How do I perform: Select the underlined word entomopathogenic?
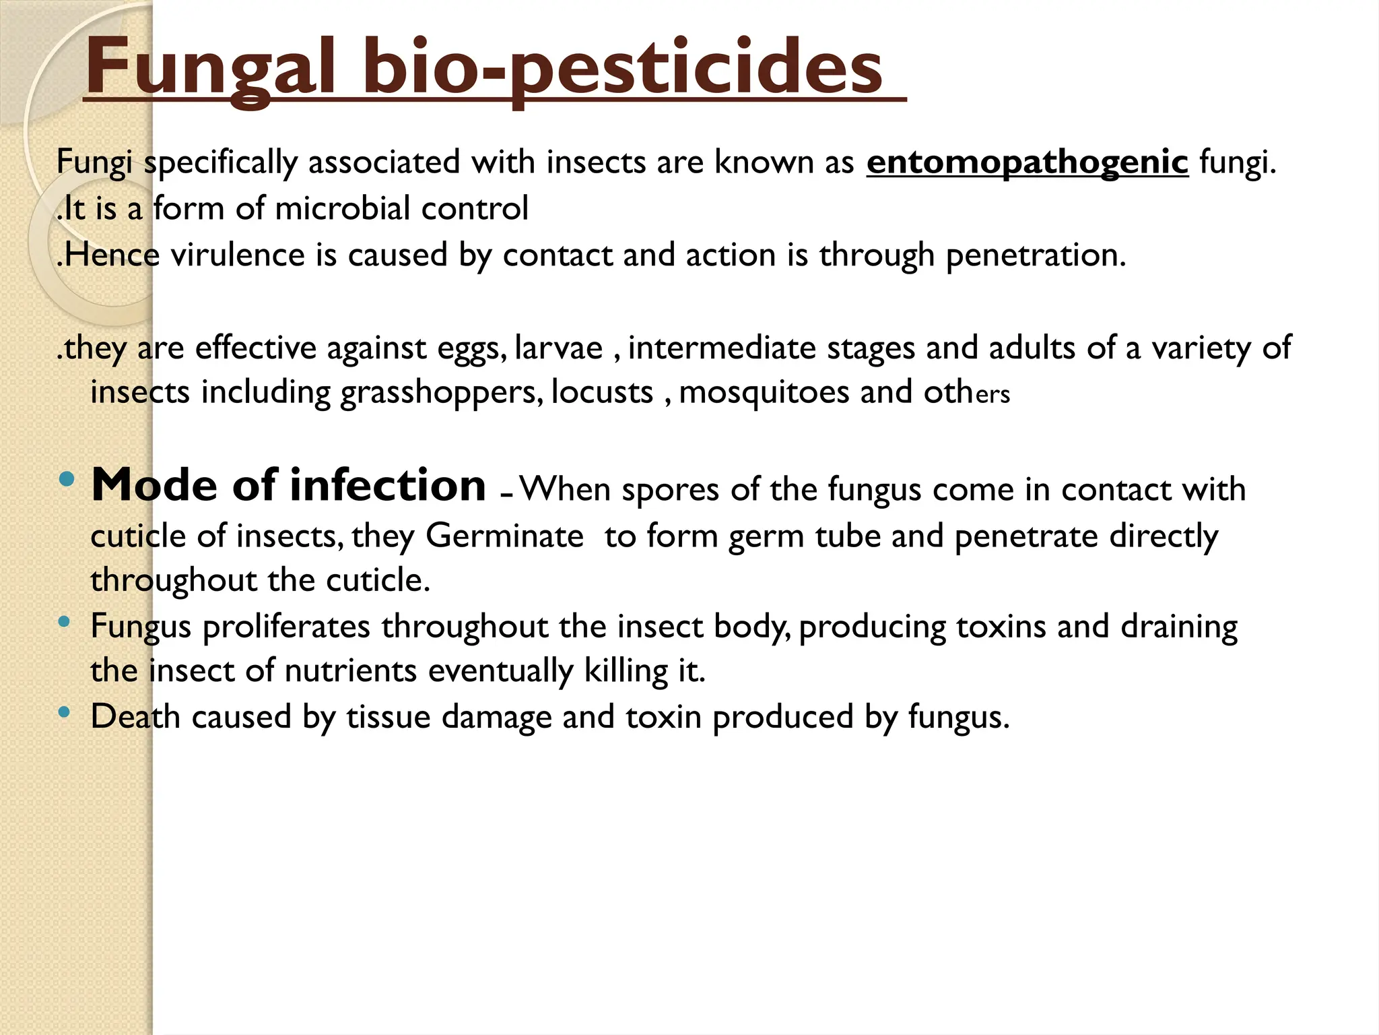[x=1028, y=162]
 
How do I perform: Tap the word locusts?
[x=602, y=392]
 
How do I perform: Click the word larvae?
[x=559, y=348]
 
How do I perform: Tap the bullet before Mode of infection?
[x=67, y=480]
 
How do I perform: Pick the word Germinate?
[x=504, y=537]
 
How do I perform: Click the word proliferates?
[x=287, y=627]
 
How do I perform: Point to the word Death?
[x=135, y=716]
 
